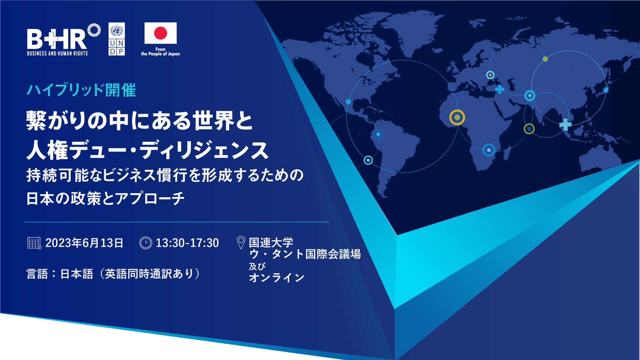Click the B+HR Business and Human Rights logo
click(64, 39)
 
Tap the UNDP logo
click(117, 39)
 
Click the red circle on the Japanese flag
click(160, 33)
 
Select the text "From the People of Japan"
click(160, 51)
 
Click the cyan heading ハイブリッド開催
click(81, 90)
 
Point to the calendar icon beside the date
click(34, 243)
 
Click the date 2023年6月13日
click(84, 243)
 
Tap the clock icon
click(146, 243)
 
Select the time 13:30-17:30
click(187, 243)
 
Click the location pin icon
click(241, 243)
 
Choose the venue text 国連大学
click(271, 242)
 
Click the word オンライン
click(277, 278)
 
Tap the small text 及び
click(257, 266)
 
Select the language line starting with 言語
click(113, 274)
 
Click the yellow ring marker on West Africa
click(457, 117)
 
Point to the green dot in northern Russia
click(545, 59)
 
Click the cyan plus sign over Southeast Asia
click(565, 124)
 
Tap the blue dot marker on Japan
click(606, 90)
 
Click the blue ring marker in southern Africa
click(489, 150)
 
